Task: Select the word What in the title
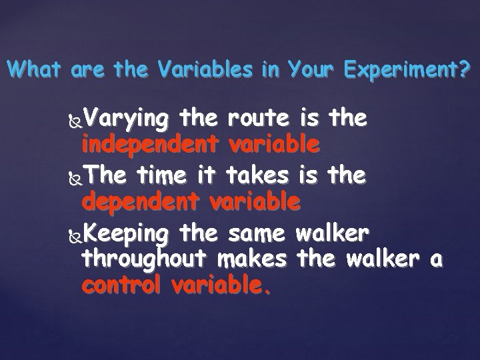[32, 69]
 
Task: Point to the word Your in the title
[310, 69]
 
